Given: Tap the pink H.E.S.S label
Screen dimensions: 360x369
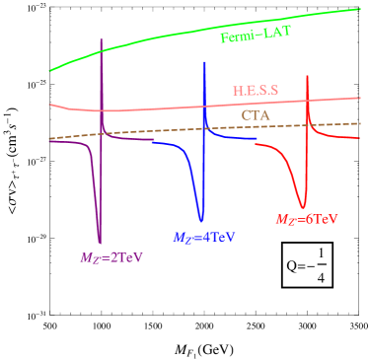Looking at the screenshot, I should pos(256,90).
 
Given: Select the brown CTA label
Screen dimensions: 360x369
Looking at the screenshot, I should pos(256,115).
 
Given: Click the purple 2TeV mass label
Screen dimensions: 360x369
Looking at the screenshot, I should pos(111,257).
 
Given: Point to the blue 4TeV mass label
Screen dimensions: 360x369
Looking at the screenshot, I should pos(205,238).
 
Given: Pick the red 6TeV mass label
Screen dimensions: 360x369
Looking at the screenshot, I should pos(306,219).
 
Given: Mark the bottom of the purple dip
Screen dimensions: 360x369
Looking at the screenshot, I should pos(100,242).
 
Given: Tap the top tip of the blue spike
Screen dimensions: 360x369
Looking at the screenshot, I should pos(204,61).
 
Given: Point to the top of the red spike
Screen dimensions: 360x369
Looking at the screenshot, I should pos(308,75).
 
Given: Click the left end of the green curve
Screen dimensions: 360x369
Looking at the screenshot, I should pos(50,71).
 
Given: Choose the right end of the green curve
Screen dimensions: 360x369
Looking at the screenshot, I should pos(358,9).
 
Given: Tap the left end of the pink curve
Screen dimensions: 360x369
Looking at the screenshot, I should pos(50,104).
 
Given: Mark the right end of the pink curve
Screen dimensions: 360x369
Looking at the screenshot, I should pos(358,97).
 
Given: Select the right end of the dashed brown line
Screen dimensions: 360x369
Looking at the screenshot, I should pos(358,122).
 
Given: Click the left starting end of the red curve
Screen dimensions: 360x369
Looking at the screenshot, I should pos(257,144).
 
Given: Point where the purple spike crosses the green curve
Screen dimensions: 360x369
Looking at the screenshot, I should pos(103,47).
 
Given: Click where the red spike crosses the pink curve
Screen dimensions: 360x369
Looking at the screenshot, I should pos(308,102).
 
